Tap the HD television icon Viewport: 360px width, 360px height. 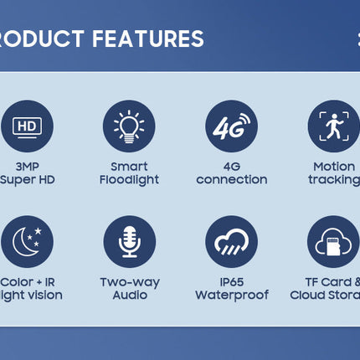click(27, 126)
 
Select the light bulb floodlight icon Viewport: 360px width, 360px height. click(129, 126)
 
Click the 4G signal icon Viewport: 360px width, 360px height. click(231, 126)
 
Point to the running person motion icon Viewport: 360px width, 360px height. click(333, 126)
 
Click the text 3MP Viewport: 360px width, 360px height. click(27, 166)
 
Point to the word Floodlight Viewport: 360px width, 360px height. click(129, 180)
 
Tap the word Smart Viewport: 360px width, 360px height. click(129, 166)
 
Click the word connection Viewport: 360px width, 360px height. click(231, 180)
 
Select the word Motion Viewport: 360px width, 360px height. click(333, 166)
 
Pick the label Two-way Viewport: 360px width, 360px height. click(129, 281)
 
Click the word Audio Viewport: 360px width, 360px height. click(129, 295)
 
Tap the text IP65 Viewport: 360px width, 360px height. click(231, 281)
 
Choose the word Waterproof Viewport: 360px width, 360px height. click(231, 295)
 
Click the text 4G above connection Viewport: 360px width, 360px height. click(231, 166)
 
